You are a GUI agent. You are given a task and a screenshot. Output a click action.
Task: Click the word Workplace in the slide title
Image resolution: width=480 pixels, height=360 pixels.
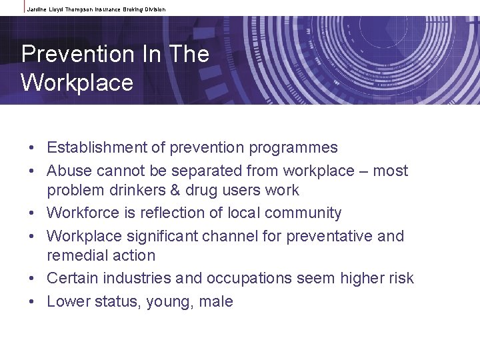coord(77,83)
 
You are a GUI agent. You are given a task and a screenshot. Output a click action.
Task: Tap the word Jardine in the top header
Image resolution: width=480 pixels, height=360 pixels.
coord(39,9)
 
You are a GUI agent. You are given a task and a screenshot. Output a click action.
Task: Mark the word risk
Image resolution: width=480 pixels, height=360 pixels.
coord(399,278)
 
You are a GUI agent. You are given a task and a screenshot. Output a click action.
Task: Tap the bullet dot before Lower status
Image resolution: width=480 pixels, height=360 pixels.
coord(31,302)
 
